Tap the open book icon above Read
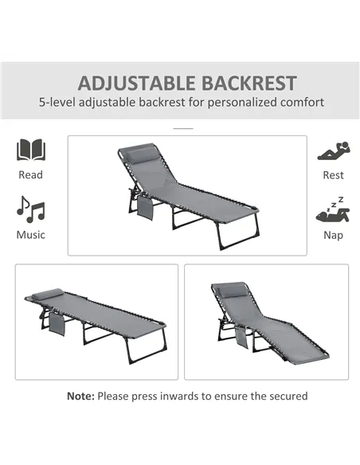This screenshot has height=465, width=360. (31, 150)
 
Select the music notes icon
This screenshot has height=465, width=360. (31, 209)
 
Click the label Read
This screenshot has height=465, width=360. (31, 174)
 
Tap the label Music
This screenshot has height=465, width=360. (31, 235)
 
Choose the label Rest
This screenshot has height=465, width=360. (333, 174)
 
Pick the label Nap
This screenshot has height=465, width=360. (333, 235)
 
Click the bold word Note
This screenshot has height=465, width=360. (80, 396)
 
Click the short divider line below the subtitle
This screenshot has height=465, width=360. (183, 127)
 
